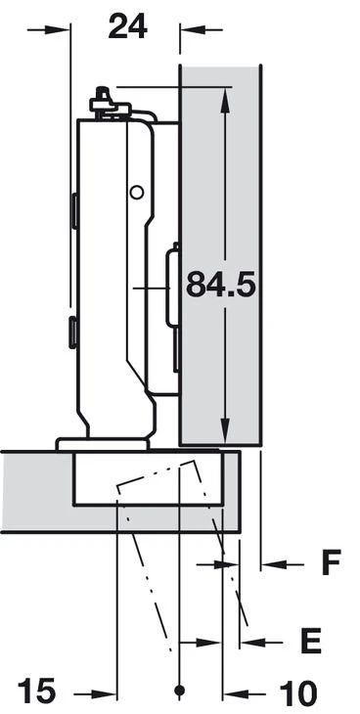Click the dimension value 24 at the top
(x=127, y=26)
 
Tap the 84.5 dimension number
(x=220, y=285)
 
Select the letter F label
(x=332, y=562)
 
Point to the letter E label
(x=312, y=642)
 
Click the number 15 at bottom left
(x=36, y=691)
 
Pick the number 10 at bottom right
(x=297, y=694)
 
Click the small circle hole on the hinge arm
(x=136, y=192)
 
